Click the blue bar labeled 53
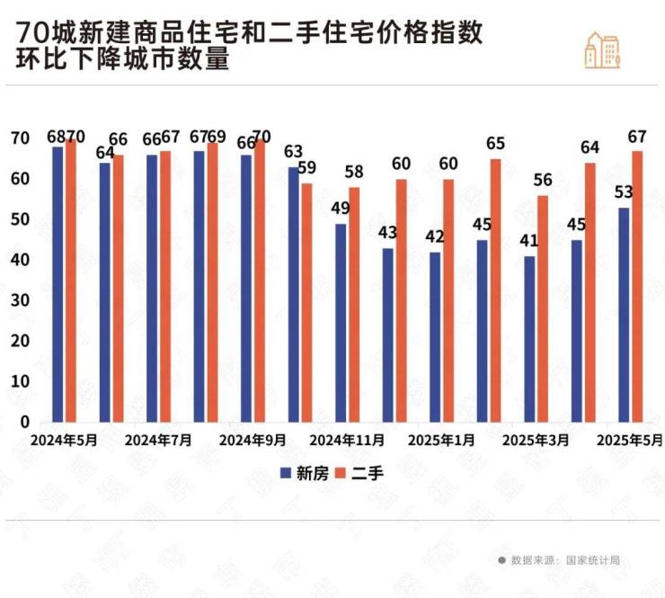[624, 315]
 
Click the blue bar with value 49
[341, 323]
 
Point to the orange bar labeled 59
[307, 302]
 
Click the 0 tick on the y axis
[25, 422]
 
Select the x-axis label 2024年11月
[347, 442]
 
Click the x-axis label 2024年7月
[158, 442]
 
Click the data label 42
[436, 237]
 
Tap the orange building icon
[602, 49]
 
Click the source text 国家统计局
[592, 560]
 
